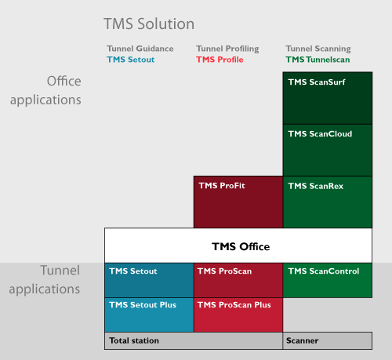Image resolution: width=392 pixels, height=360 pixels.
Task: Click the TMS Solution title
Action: point(149,24)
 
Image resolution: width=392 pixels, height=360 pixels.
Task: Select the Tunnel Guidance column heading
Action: point(140,49)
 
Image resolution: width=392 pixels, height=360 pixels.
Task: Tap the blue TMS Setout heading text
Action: point(131,60)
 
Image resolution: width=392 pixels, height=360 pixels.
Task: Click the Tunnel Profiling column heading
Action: point(227,49)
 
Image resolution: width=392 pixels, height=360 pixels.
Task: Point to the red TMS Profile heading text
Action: point(220,60)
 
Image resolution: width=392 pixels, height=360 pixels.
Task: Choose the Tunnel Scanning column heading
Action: point(318,49)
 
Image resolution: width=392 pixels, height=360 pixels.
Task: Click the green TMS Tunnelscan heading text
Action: point(318,60)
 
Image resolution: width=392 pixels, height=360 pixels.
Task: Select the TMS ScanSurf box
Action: point(328,98)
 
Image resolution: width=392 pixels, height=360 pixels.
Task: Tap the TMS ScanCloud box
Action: point(328,150)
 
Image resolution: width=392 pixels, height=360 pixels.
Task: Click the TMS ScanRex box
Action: point(328,202)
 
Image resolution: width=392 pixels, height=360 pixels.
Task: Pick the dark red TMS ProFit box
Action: point(238,202)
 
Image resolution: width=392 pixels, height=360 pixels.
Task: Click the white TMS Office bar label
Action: point(241,246)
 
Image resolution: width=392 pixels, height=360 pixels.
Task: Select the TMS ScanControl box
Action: point(328,280)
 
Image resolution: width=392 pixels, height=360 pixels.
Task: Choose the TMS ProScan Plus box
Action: point(238,315)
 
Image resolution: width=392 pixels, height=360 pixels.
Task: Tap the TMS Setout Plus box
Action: point(149,315)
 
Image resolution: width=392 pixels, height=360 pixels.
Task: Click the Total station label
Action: point(134,340)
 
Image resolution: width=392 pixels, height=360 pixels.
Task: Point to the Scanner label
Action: point(303,340)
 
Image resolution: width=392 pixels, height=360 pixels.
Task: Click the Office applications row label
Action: point(45,91)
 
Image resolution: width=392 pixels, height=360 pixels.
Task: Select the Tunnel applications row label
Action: point(45,280)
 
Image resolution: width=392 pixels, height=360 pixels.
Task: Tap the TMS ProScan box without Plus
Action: point(238,280)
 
